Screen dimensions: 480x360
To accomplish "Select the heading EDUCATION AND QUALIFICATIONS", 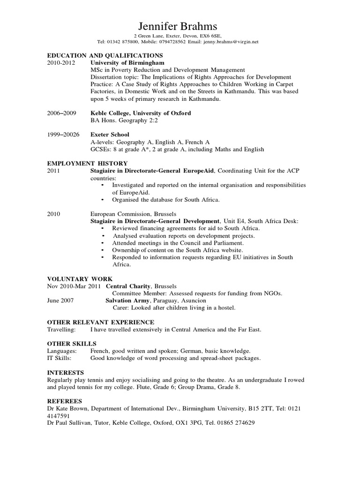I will tap(105, 55).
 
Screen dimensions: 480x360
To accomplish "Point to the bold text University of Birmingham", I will tap(127, 62).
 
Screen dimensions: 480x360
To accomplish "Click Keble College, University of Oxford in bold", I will tap(140, 113).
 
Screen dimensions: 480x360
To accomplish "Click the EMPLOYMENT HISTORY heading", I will tap(87, 164).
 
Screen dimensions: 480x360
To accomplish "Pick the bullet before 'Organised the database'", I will tap(103, 200).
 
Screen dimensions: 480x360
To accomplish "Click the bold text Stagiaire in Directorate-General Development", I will tap(155, 221).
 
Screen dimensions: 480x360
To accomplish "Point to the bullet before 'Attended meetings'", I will tap(103, 243).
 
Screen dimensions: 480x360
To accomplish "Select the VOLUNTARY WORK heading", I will tap(80, 279).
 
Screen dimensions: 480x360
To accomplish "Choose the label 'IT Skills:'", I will tap(60, 358).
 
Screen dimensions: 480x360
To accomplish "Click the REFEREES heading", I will tap(65, 401).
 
